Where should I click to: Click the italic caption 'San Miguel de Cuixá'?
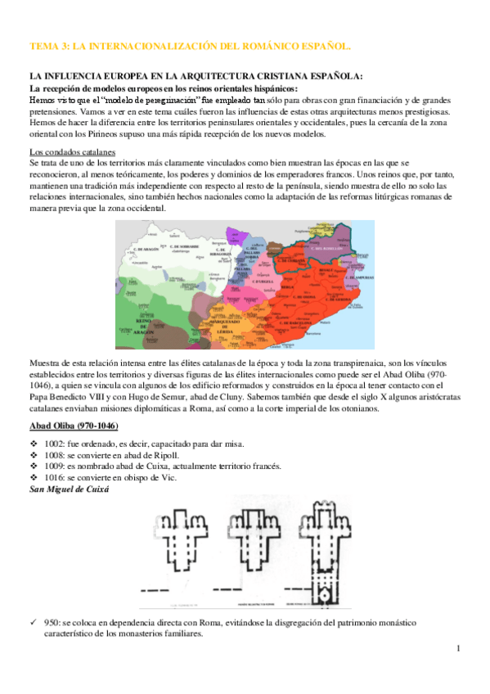70,489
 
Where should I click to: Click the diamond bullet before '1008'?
34,455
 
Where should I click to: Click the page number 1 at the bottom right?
459,648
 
